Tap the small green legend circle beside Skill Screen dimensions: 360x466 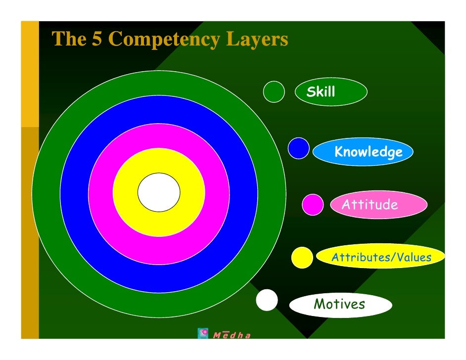point(274,91)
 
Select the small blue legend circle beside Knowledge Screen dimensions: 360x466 point(299,148)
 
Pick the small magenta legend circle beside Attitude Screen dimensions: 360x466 point(313,205)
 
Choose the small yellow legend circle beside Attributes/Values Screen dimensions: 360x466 point(302,257)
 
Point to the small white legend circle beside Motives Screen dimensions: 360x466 point(267,300)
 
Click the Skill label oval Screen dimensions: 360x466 point(331,92)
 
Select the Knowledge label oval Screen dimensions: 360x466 point(363,152)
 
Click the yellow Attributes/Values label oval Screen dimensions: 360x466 point(381,257)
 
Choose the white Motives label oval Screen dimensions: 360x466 point(340,304)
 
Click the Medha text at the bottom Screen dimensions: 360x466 point(232,335)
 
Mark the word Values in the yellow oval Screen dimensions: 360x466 point(412,258)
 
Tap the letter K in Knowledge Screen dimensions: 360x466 point(340,151)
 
